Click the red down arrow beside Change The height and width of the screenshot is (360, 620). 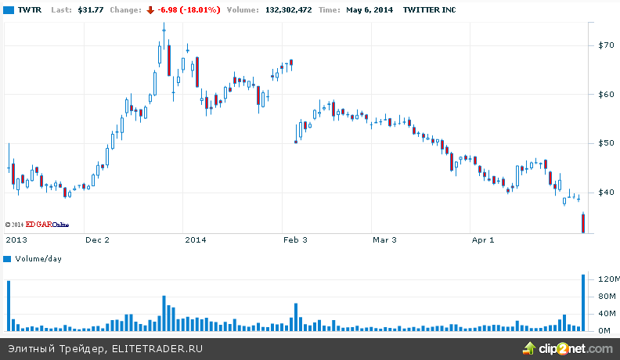(150, 10)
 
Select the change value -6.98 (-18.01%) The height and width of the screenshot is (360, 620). (189, 10)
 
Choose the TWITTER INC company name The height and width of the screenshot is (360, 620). (429, 10)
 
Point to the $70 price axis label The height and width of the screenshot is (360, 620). (606, 45)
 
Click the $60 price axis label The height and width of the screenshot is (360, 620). (606, 95)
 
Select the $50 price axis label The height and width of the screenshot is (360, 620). (606, 143)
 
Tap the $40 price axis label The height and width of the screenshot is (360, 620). (606, 193)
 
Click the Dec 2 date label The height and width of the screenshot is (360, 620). (97, 240)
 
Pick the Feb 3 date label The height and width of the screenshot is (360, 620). (294, 240)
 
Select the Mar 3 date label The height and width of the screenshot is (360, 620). (384, 240)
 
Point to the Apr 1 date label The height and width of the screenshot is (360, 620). (482, 240)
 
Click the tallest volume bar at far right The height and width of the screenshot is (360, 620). (583, 302)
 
